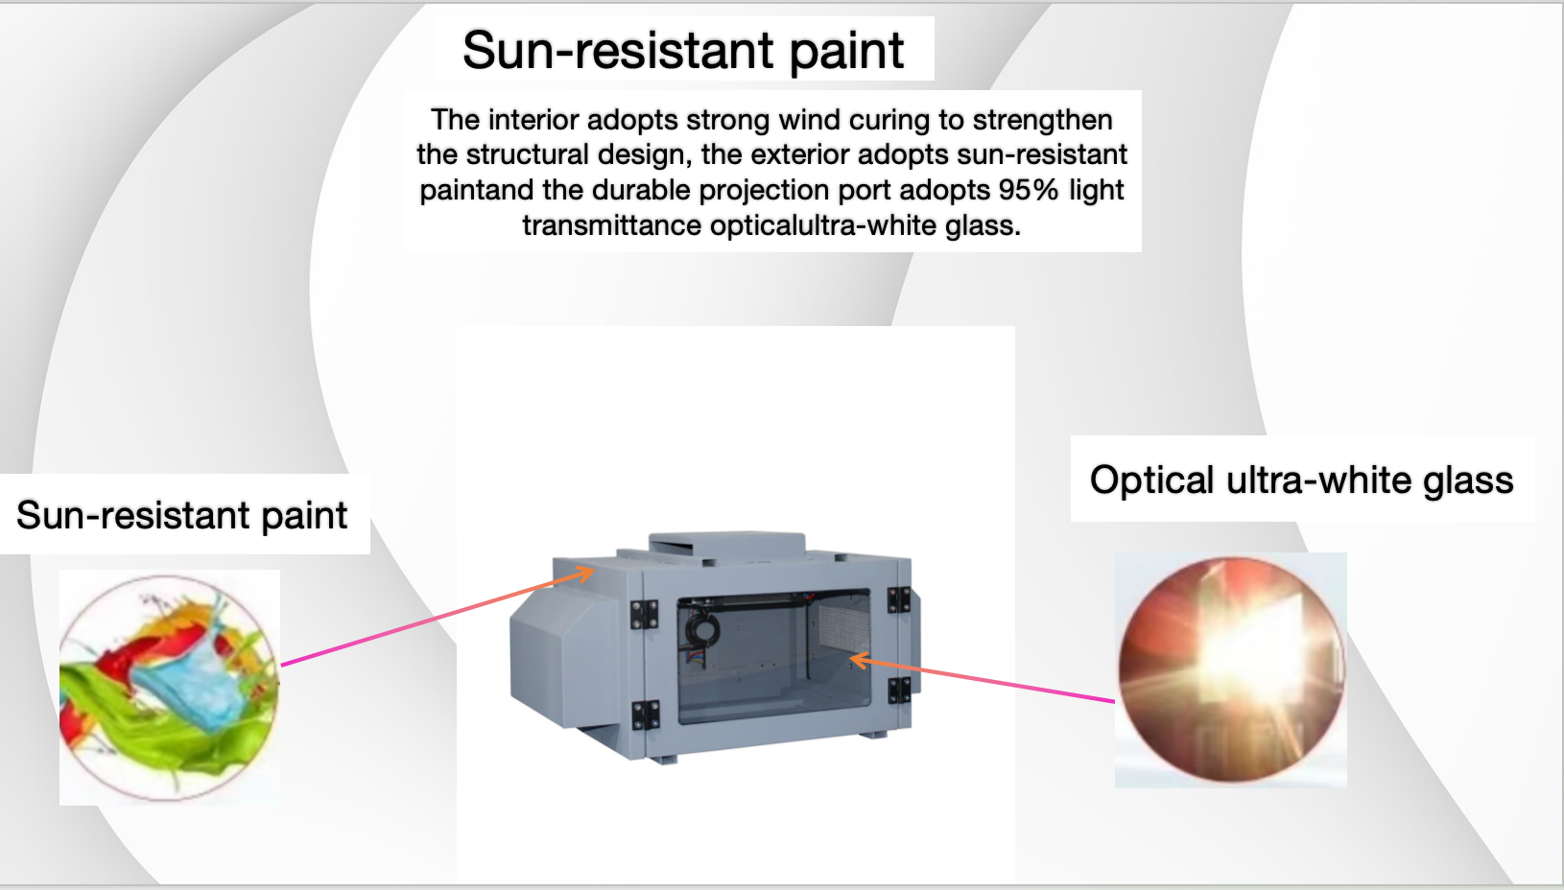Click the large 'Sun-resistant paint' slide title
click(x=683, y=50)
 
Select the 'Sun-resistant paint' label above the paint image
click(x=181, y=515)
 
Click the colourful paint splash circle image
click(x=169, y=688)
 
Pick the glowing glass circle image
click(x=1231, y=668)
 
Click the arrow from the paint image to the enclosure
click(x=438, y=618)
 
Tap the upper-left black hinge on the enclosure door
click(x=644, y=615)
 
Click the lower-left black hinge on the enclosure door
click(x=645, y=715)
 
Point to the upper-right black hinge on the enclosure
click(x=899, y=598)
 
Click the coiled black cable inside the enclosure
click(x=701, y=628)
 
